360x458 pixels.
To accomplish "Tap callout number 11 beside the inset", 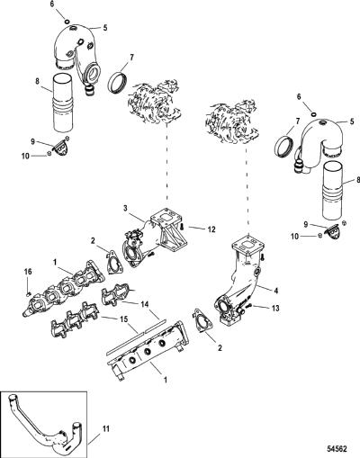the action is click(x=105, y=429).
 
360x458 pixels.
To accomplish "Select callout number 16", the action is click(x=28, y=272).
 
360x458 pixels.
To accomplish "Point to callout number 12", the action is click(x=211, y=229).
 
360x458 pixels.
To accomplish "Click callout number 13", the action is click(x=274, y=308).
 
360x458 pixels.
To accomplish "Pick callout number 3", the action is click(x=126, y=208).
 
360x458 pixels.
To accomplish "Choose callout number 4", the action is click(x=275, y=291).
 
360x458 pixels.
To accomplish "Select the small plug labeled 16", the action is click(x=28, y=294).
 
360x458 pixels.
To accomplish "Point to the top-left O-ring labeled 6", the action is click(x=67, y=21).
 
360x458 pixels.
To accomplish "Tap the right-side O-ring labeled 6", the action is click(x=314, y=114).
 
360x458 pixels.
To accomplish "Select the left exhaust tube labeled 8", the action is click(x=63, y=103).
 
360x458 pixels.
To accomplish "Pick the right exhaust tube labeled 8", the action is click(x=332, y=191).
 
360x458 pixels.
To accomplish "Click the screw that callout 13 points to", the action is click(x=248, y=306).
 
